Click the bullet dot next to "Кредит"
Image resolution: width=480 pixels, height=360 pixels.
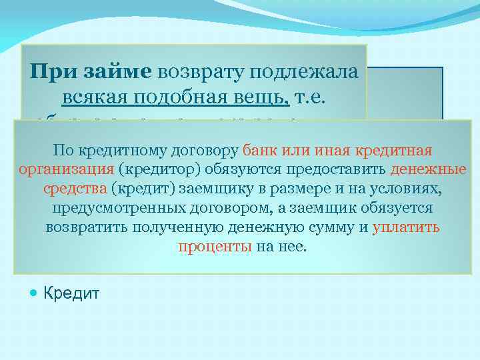(33, 292)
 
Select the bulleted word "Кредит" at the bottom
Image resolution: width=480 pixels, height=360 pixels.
(71, 292)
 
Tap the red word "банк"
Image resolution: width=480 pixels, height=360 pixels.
(261, 150)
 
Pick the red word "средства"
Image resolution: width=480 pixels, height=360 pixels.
(75, 189)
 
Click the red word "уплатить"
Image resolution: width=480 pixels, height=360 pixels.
(406, 227)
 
